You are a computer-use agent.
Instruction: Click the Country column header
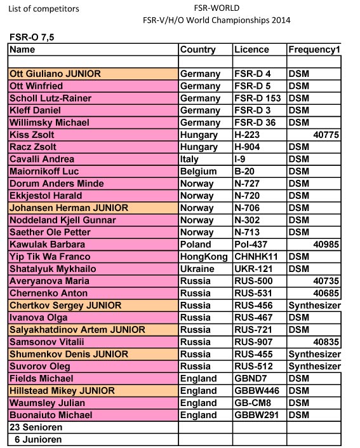(x=197, y=50)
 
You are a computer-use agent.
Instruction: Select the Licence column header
(x=251, y=50)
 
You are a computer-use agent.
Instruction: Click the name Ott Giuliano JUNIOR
(x=55, y=74)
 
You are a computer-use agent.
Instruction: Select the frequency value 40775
(x=326, y=135)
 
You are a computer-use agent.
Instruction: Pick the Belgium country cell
(x=198, y=172)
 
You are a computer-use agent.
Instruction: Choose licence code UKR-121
(x=253, y=269)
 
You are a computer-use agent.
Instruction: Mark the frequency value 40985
(x=326, y=245)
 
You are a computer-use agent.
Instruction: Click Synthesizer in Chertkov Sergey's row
(x=314, y=306)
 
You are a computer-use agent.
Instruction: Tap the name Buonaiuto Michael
(x=51, y=415)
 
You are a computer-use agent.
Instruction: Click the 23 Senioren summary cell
(x=36, y=427)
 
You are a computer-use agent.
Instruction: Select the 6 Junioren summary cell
(x=36, y=439)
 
